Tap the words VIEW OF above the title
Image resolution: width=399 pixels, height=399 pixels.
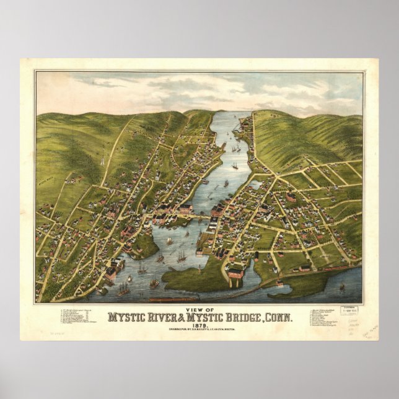[x=199, y=308]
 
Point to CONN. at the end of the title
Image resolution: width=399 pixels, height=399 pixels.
[x=277, y=317]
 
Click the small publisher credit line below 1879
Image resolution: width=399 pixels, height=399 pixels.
[x=199, y=333]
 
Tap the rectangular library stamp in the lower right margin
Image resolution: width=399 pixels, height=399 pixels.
[x=353, y=309]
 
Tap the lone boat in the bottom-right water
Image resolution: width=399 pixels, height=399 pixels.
[x=341, y=287]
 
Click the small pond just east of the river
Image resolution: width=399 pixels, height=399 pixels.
[x=255, y=185]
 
